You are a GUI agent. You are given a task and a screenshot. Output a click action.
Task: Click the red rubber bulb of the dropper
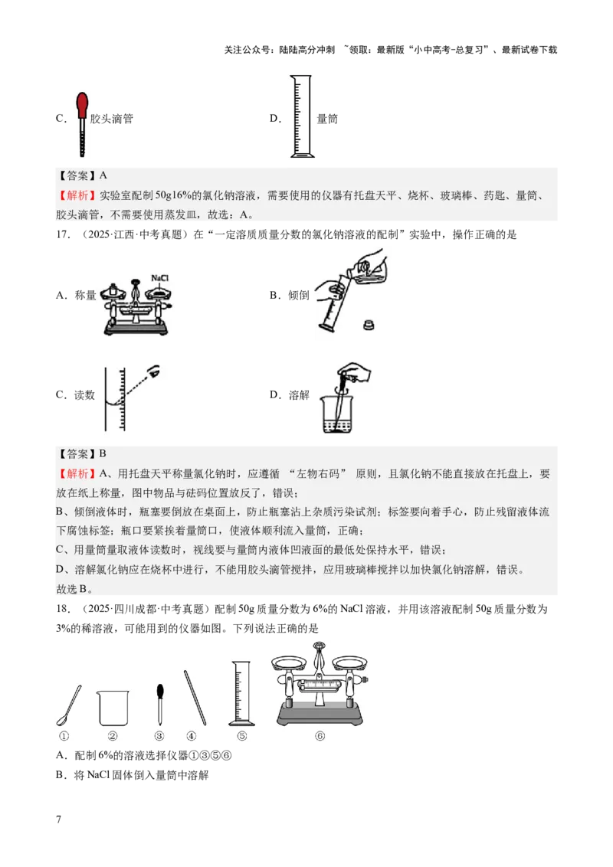coord(81,105)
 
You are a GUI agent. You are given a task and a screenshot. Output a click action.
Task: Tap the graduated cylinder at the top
coord(300,116)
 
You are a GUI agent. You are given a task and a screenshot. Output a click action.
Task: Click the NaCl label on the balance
coord(159,278)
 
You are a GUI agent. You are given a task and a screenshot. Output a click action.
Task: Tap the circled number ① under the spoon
coord(64,736)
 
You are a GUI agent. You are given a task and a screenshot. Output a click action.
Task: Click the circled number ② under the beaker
coord(113,736)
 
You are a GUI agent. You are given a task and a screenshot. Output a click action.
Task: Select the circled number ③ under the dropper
coord(159,736)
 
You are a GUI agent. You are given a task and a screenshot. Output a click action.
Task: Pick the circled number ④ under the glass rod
coord(192,736)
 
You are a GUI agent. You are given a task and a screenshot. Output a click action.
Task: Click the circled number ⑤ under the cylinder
coord(241,736)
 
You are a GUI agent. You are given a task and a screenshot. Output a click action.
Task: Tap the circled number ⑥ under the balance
coord(320,736)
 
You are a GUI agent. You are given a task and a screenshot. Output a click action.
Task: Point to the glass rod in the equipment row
coord(195,696)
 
